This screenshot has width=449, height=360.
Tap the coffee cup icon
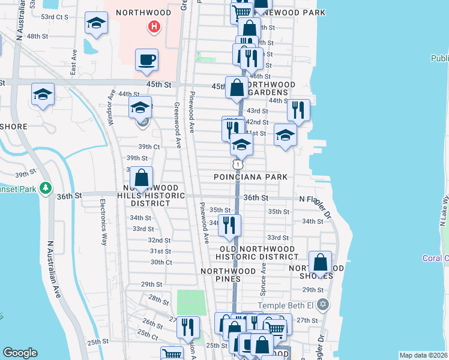pos(146,60)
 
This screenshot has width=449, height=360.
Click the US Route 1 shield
pos(238,164)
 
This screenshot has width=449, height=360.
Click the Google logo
pos(20,353)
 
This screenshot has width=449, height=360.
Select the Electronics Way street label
pos(103,222)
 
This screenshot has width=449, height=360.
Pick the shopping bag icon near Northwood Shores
pos(321,263)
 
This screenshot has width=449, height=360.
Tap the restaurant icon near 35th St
pos(229,224)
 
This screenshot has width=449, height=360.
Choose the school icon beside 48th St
pos(96,23)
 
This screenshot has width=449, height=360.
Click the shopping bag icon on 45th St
pos(237,88)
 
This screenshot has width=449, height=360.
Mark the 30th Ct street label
pos(161,262)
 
